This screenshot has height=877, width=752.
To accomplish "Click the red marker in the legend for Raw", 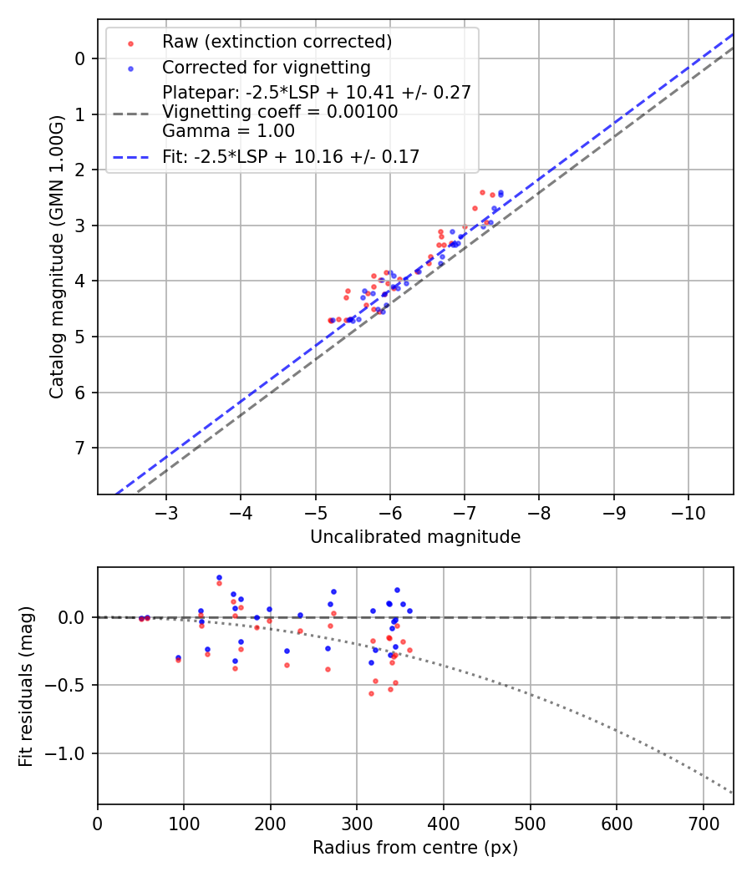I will point(130,43).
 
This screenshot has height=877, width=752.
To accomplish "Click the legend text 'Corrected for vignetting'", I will point(266,67).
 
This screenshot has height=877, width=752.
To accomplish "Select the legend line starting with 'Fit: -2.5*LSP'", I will point(291,156).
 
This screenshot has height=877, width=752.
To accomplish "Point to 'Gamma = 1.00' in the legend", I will point(228,130).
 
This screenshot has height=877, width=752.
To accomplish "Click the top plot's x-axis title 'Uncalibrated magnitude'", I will point(415,537).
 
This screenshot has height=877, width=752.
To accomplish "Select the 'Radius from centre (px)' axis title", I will point(415,848).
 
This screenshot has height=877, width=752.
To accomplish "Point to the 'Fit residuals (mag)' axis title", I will point(26,687).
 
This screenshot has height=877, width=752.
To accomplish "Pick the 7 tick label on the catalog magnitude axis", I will point(80,449).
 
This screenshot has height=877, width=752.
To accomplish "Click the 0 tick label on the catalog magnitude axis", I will point(80,58).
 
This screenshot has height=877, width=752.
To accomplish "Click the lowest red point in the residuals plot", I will point(371,693).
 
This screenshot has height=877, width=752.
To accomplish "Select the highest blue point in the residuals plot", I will point(219,577).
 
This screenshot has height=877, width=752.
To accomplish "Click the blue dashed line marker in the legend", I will point(130,156).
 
